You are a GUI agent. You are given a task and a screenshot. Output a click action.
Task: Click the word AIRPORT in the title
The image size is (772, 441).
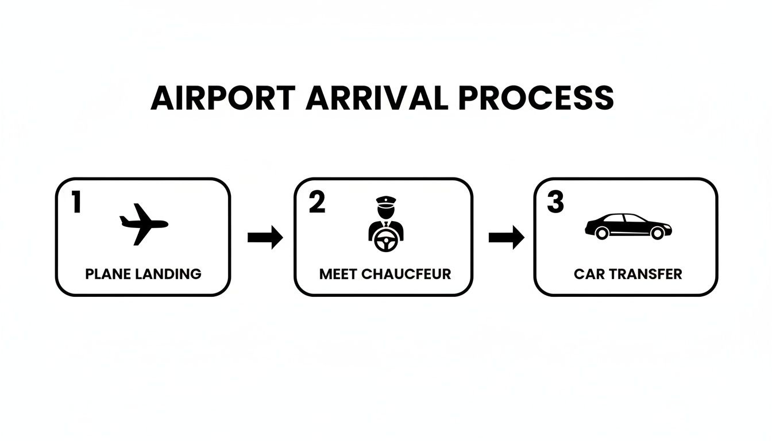tap(223, 98)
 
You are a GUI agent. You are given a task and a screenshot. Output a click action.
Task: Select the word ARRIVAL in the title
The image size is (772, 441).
tap(376, 98)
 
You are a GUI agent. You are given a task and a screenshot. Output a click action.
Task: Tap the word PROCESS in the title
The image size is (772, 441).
tap(536, 98)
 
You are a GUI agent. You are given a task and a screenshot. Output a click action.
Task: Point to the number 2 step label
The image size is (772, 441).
tap(316, 203)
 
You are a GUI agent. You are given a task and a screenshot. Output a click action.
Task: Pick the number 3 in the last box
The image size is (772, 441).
tap(555, 203)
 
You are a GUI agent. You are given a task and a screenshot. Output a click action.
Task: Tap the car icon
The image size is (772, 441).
tap(628, 226)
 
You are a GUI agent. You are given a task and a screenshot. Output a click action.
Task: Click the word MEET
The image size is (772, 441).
tap(338, 274)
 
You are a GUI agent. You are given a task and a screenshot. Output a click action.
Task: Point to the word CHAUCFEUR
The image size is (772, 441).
tap(407, 274)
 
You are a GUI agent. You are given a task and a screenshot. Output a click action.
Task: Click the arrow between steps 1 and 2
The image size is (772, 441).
tap(265, 237)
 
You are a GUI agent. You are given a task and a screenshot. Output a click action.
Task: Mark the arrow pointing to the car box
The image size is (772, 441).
tap(506, 237)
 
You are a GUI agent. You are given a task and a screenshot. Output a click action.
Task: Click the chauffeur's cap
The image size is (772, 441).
tap(385, 201)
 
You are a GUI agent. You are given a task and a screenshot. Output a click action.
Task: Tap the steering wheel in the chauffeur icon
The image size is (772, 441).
tap(385, 243)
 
